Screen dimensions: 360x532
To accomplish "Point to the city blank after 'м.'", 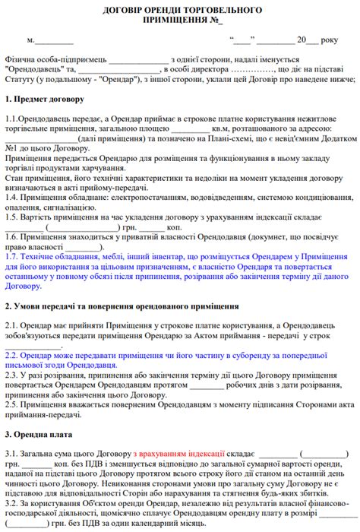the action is tap(55, 40).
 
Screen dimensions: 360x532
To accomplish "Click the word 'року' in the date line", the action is tap(330, 40).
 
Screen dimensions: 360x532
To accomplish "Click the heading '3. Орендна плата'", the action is tap(39, 435).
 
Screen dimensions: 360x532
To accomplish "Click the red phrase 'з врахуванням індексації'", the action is tap(175, 454).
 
